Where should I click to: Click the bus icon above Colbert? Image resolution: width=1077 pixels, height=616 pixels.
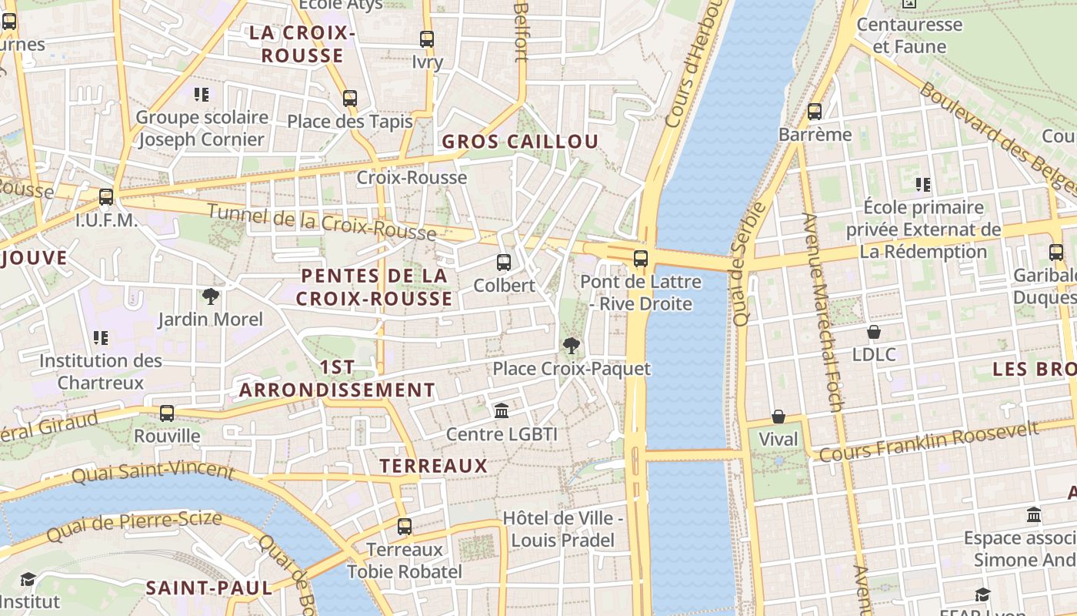(504, 263)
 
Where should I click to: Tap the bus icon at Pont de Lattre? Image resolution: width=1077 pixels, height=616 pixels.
(641, 259)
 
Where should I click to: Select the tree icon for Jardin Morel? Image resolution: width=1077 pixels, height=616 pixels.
(210, 296)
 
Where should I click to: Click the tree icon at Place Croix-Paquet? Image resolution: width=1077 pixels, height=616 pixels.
(571, 346)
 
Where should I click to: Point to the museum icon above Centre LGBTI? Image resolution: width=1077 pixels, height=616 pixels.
(502, 411)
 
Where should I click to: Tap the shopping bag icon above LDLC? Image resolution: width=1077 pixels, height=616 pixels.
(874, 332)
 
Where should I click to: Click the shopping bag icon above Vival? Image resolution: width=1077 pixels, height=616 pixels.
(779, 417)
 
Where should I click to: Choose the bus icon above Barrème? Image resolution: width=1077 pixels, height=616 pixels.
(815, 112)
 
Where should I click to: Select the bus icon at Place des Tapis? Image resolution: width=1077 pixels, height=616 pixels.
(350, 99)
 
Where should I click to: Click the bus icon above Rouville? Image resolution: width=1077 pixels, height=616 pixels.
(167, 413)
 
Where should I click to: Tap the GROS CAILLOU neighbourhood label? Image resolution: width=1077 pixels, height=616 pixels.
(520, 142)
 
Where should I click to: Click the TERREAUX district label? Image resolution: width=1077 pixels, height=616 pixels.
(434, 466)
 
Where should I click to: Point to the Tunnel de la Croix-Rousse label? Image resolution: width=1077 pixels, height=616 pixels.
(322, 221)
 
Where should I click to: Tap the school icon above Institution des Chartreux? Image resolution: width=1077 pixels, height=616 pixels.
(101, 338)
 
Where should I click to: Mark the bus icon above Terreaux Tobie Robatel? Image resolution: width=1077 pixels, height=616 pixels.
(405, 527)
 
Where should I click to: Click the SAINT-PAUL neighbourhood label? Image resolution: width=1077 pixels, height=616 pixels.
(209, 588)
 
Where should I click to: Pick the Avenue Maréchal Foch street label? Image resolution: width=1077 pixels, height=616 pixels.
(824, 312)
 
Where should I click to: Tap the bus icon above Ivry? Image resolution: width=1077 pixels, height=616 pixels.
(427, 39)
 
